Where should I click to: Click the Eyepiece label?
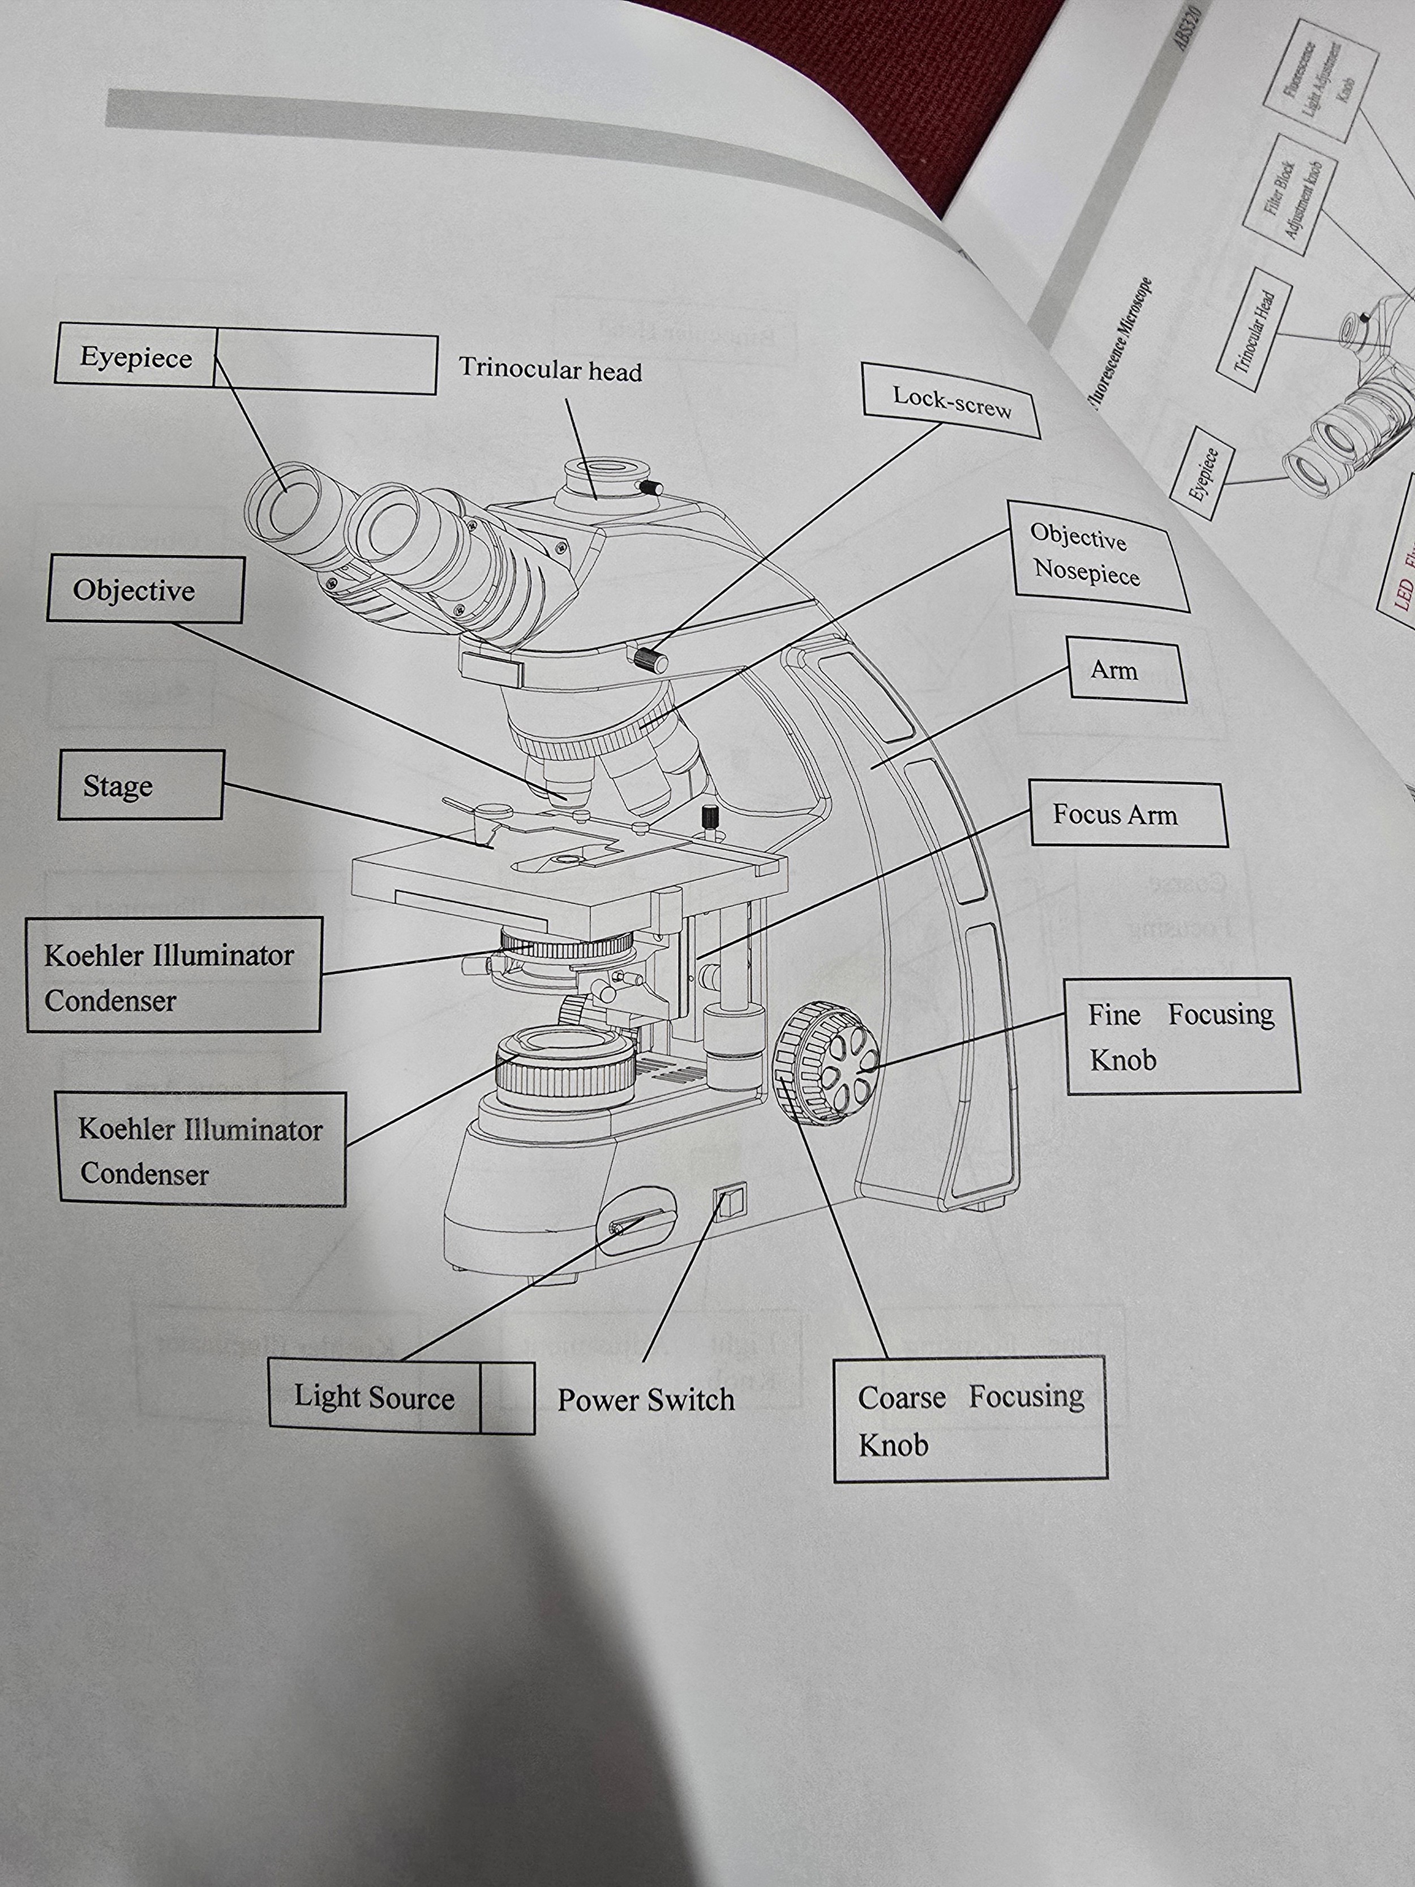[x=136, y=357]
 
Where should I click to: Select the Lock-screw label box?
[x=951, y=401]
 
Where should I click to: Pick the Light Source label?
[x=375, y=1397]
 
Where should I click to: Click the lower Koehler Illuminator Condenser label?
[x=200, y=1151]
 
